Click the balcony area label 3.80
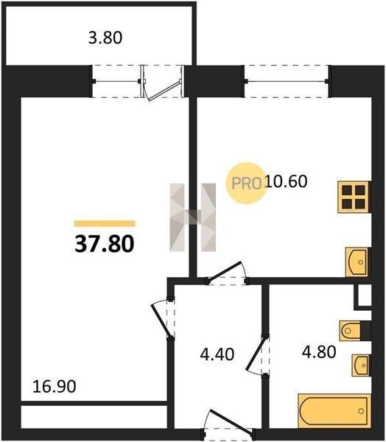[x=105, y=38]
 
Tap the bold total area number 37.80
[x=105, y=244]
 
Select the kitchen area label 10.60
[x=286, y=181]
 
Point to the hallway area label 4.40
[x=217, y=354]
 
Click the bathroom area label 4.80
[x=319, y=352]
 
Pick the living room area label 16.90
[x=54, y=386]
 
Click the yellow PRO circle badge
[x=246, y=183]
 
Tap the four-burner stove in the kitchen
[x=354, y=197]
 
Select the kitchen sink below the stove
[x=357, y=262]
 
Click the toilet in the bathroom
[x=351, y=330]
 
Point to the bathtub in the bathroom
[x=334, y=411]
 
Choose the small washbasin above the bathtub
[x=360, y=365]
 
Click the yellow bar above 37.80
[x=105, y=223]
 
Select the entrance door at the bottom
[x=231, y=420]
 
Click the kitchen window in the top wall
[x=287, y=82]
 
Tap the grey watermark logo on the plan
[x=193, y=217]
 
